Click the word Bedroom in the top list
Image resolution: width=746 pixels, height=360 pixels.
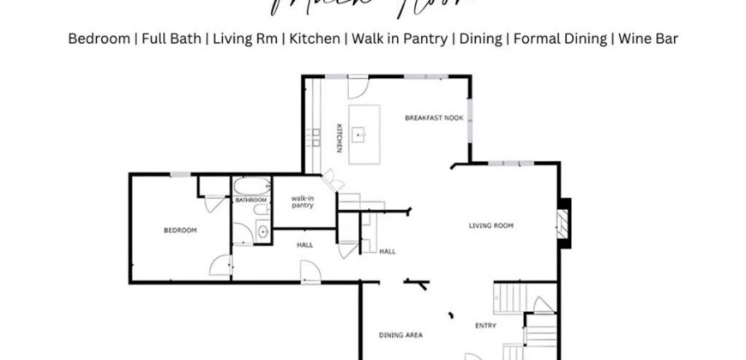click(x=98, y=39)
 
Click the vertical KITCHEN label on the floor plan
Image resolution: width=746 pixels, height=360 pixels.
click(x=339, y=139)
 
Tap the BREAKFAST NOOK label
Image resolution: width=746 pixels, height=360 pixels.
click(x=435, y=117)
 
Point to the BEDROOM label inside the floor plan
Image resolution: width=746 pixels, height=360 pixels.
click(x=181, y=231)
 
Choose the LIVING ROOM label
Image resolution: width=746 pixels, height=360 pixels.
click(x=490, y=226)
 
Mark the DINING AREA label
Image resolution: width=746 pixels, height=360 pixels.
click(x=401, y=334)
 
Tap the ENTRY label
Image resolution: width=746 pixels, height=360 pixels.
click(x=486, y=326)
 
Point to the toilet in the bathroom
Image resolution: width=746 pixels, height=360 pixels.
click(x=262, y=212)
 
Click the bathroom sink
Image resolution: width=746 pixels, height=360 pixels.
click(x=262, y=231)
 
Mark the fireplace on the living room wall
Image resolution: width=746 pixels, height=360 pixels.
click(x=563, y=223)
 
